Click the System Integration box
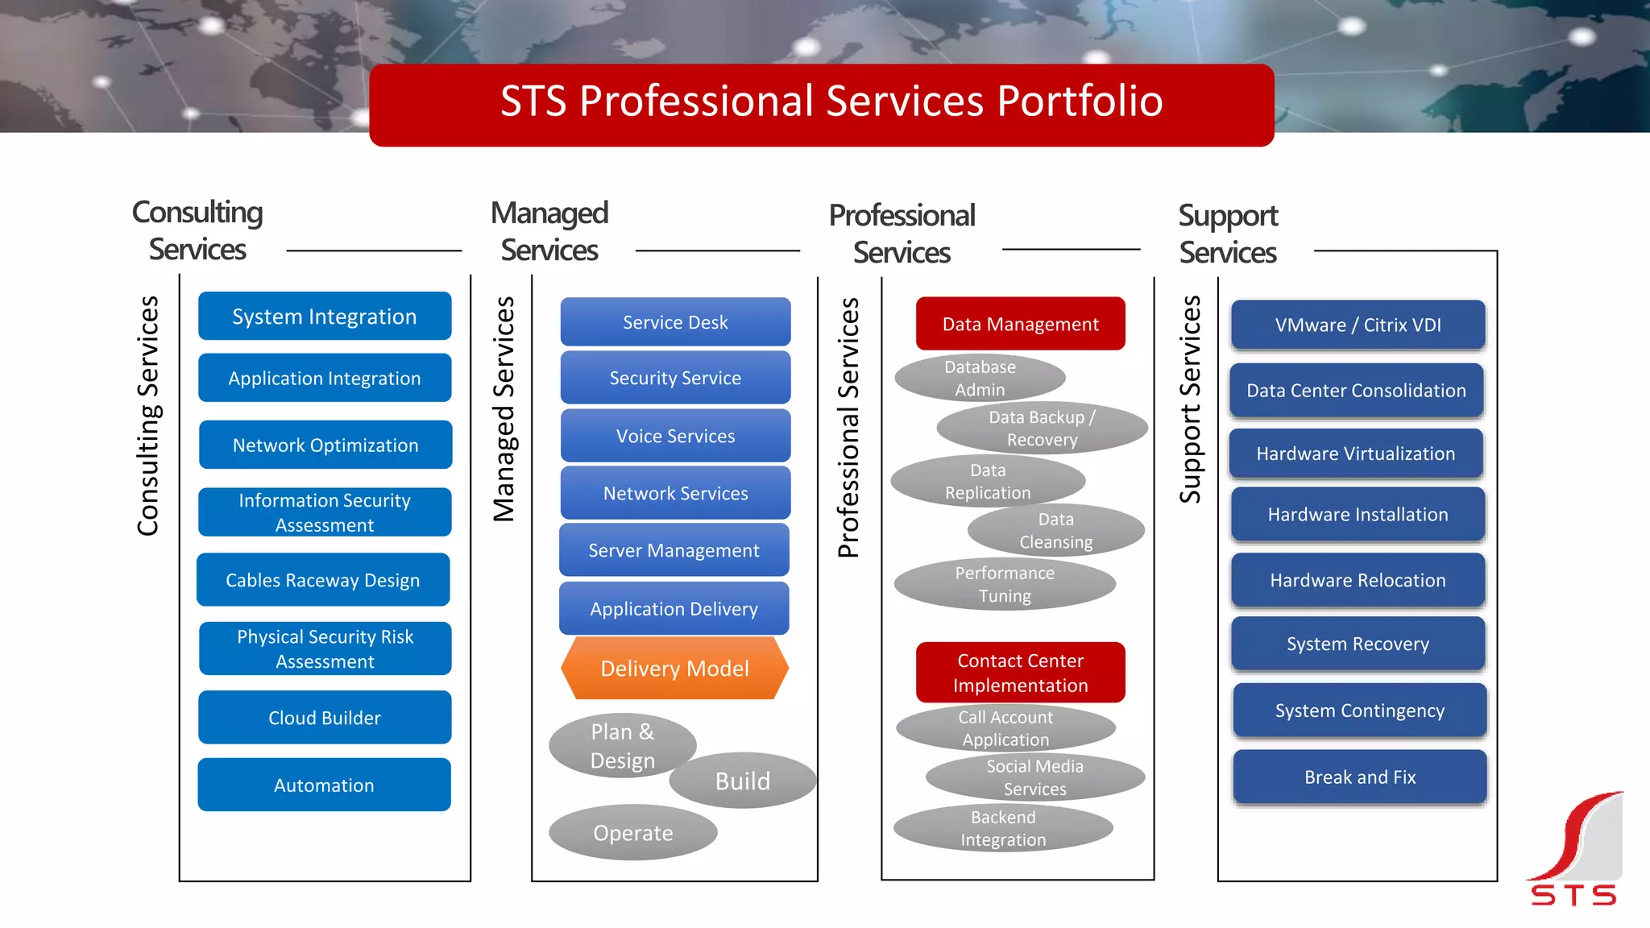coord(325,316)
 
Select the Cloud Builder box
coord(325,717)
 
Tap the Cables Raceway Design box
coord(323,579)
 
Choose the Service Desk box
coord(675,321)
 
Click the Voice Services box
coord(675,435)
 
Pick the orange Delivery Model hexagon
coord(674,668)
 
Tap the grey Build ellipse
coord(743,781)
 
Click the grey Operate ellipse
coord(633,832)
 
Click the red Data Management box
coord(1020,323)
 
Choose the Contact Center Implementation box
coord(1020,672)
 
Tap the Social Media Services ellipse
coord(1035,777)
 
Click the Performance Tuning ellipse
coord(1005,584)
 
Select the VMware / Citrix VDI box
coord(1358,325)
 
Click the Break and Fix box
coord(1359,777)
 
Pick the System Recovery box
coord(1358,644)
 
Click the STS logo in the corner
coord(1574,850)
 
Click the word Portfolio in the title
coord(1080,101)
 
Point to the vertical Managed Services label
coord(504,409)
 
